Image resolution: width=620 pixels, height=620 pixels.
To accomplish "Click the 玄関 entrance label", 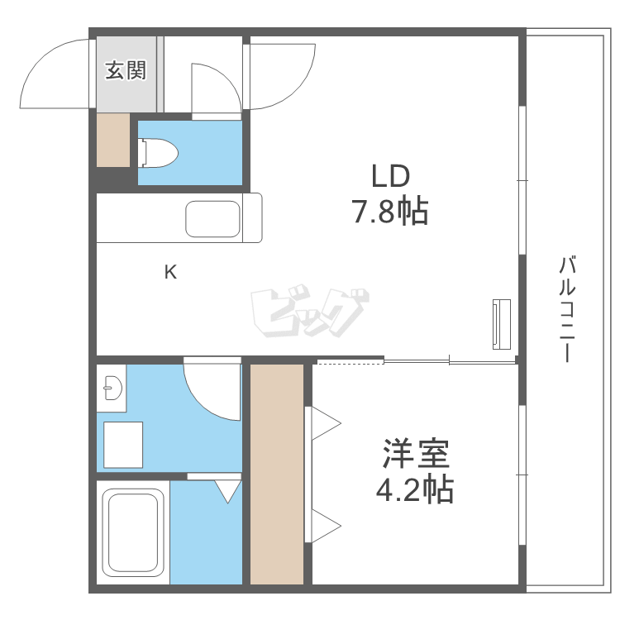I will (x=125, y=71).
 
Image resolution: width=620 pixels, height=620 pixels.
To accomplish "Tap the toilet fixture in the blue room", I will (x=160, y=152).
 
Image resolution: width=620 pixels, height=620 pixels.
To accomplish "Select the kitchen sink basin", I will (x=212, y=218).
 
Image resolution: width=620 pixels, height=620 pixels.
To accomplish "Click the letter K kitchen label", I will (x=169, y=272).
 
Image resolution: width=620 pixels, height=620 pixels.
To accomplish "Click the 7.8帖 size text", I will (x=390, y=212).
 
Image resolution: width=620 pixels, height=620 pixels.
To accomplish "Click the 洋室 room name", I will (x=415, y=454).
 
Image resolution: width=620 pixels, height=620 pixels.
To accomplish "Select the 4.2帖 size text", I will (x=415, y=491).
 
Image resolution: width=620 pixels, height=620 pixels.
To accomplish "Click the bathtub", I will (x=132, y=532).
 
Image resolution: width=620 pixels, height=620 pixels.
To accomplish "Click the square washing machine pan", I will (x=123, y=445).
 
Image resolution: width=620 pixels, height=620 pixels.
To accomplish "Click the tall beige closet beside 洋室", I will (x=277, y=474).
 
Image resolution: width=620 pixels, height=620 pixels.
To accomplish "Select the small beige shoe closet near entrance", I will (x=113, y=140).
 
